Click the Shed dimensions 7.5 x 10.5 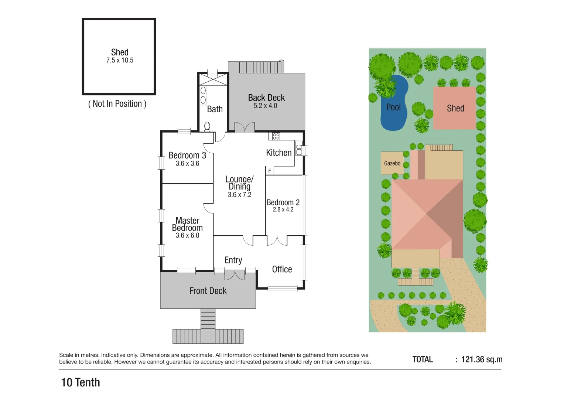click(x=120, y=61)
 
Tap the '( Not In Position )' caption click(x=117, y=104)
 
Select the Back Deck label click(x=266, y=98)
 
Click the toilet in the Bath click(x=207, y=127)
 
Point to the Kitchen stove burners click(x=276, y=136)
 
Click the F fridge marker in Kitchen click(x=270, y=171)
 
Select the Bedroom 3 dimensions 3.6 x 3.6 click(x=187, y=164)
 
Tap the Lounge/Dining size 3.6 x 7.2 click(x=239, y=195)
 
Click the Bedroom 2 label click(x=283, y=202)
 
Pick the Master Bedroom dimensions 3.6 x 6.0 click(x=187, y=236)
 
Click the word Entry click(x=233, y=260)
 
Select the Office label click(x=282, y=269)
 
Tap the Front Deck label click(x=208, y=291)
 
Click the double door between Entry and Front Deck click(x=235, y=275)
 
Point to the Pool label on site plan click(x=393, y=107)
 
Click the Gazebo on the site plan click(x=392, y=163)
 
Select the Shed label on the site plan click(x=455, y=108)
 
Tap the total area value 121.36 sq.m click(x=482, y=359)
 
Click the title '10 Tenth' click(x=81, y=382)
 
